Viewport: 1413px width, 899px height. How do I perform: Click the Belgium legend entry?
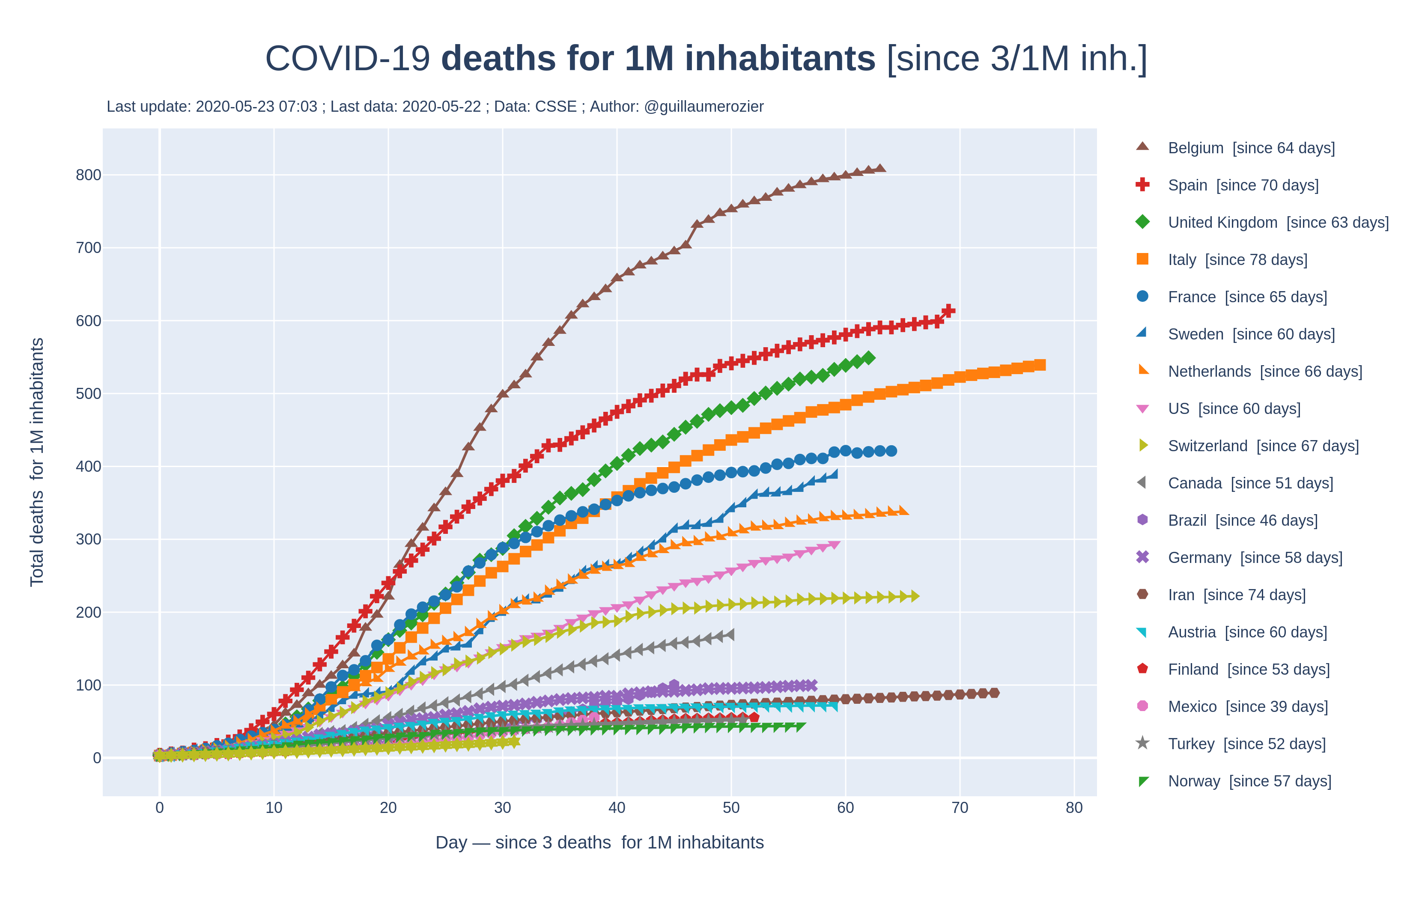click(1250, 148)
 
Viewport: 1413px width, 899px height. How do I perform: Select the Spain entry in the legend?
click(1242, 185)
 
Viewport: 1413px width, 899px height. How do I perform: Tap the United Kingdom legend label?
click(1277, 223)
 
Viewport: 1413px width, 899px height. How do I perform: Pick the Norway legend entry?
click(1249, 781)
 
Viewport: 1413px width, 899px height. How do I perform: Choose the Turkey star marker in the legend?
click(1142, 744)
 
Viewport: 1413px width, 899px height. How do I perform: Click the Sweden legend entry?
click(1250, 334)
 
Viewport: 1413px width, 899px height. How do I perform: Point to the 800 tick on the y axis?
click(88, 175)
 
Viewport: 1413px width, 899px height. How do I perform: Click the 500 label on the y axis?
click(88, 394)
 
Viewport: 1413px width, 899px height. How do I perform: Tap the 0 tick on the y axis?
click(97, 758)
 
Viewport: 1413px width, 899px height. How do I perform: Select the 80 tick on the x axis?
click(1074, 808)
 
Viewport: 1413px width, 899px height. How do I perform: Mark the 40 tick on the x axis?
click(617, 808)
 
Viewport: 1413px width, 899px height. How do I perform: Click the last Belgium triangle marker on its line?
click(880, 168)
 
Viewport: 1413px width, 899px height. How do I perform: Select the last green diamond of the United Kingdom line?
click(869, 358)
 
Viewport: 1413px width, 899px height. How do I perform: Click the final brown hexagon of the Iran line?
click(994, 693)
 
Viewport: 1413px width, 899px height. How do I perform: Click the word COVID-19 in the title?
click(347, 59)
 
